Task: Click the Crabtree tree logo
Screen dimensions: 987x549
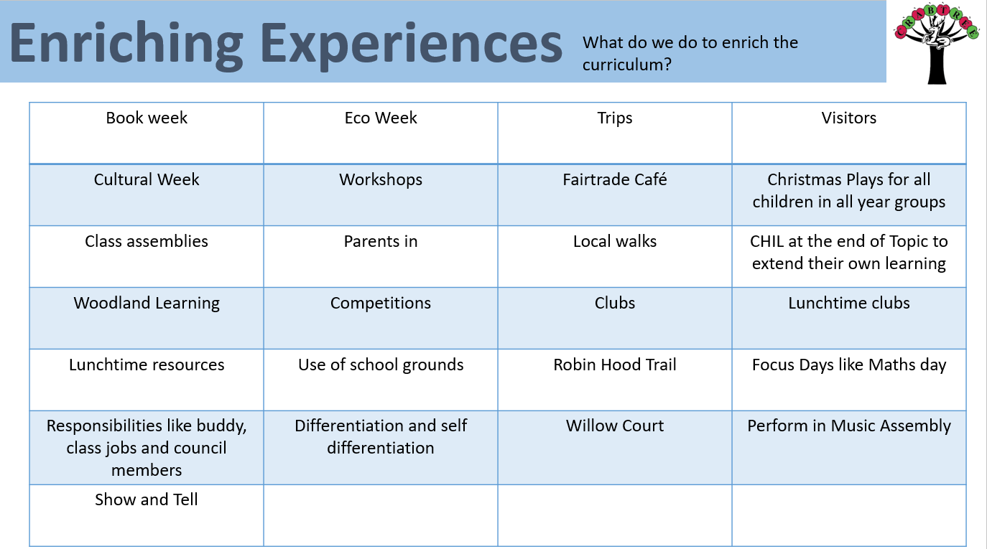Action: [x=937, y=43]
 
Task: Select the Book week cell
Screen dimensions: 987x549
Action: [x=147, y=133]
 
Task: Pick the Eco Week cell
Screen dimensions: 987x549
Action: [x=381, y=133]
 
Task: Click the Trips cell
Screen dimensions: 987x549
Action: [x=615, y=133]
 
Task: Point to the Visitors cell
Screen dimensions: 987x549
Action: [x=849, y=133]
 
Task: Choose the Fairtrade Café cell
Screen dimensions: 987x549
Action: [x=615, y=195]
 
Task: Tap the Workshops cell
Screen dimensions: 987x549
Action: [x=381, y=195]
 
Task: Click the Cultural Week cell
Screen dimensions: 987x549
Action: [x=147, y=195]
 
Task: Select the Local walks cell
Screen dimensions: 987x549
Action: [x=615, y=257]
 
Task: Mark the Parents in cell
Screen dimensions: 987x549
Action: [x=381, y=257]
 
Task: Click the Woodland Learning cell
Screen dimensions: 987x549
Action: [x=147, y=319]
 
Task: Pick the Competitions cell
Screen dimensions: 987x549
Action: [x=381, y=319]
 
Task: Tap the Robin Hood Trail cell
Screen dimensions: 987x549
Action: [x=615, y=380]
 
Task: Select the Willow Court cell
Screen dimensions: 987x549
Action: [x=615, y=448]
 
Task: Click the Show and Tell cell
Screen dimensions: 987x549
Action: [x=147, y=515]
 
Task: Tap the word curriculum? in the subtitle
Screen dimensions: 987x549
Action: [x=627, y=65]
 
